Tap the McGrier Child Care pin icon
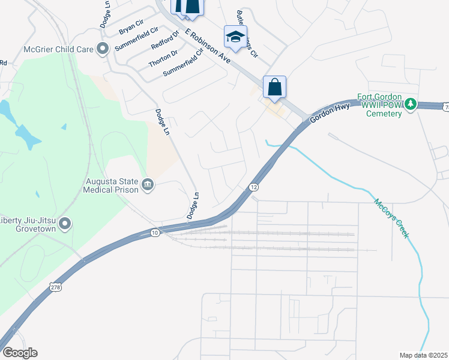(x=103, y=49)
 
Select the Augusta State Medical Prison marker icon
(x=148, y=184)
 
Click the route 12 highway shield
(x=254, y=187)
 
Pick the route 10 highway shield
(x=155, y=232)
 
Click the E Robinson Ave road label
(x=208, y=46)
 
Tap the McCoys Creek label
(x=391, y=218)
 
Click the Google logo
(x=20, y=352)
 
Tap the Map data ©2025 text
(x=423, y=355)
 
